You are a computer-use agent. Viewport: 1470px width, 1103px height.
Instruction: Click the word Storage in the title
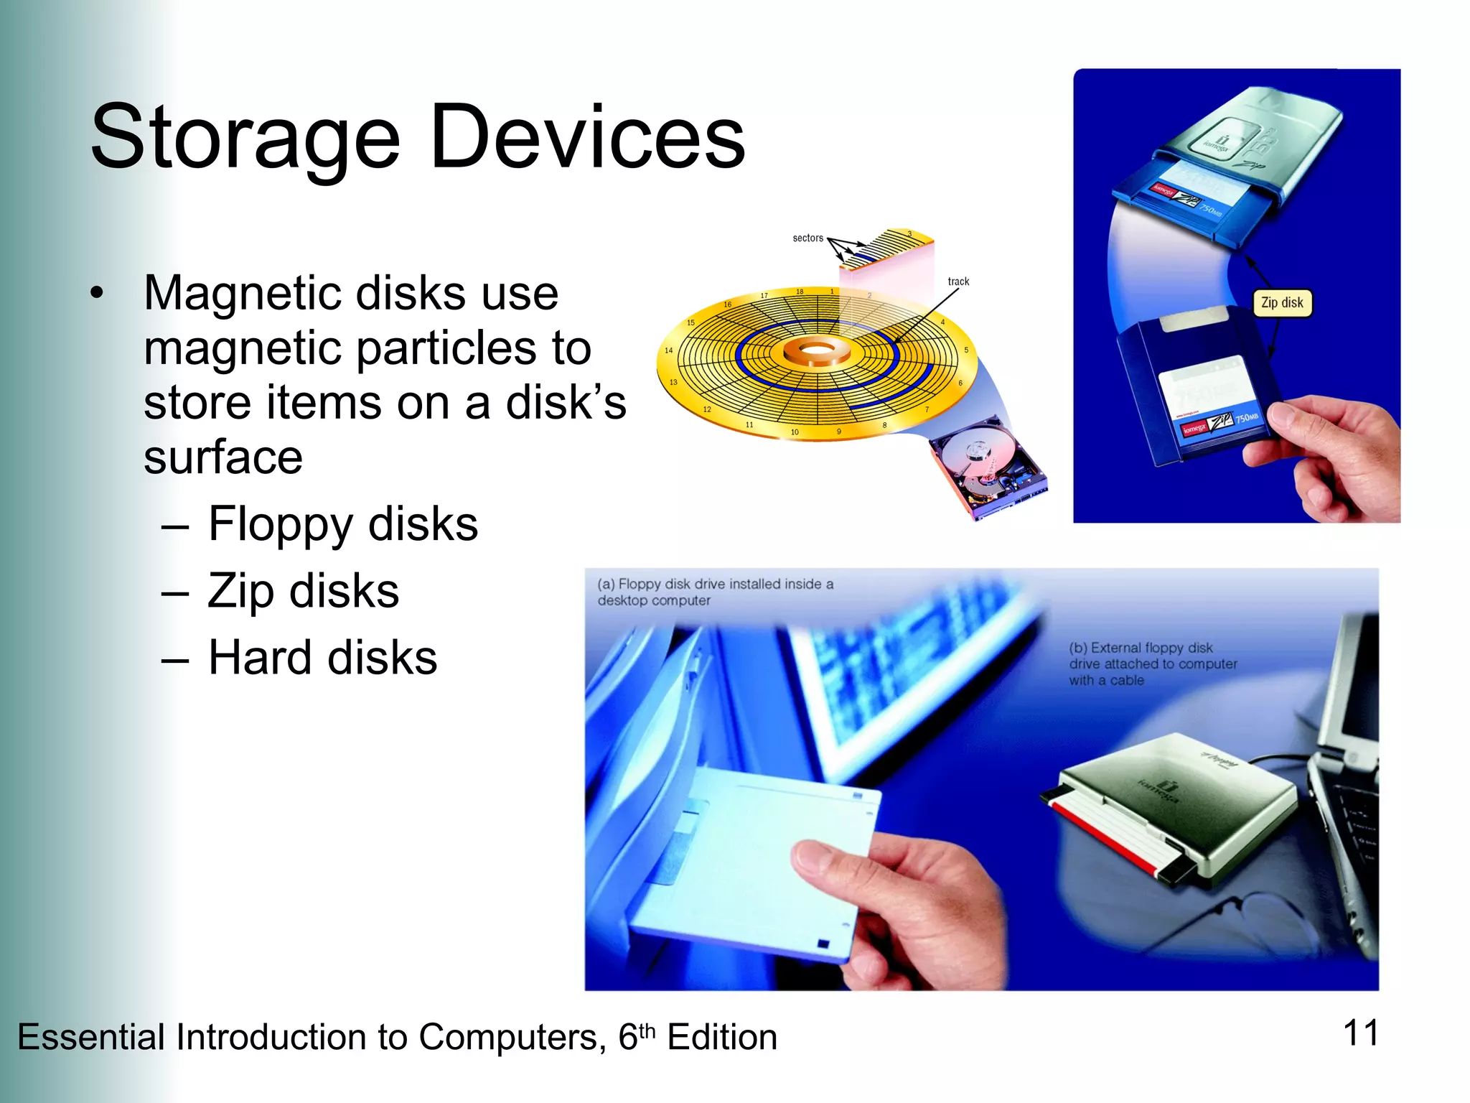(x=245, y=139)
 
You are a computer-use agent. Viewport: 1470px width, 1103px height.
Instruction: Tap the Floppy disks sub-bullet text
(x=342, y=524)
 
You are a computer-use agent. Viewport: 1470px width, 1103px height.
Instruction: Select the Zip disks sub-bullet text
(x=303, y=591)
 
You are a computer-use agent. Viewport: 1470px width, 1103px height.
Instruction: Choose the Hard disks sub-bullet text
(x=322, y=657)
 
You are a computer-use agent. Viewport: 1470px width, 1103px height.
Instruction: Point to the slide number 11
(x=1360, y=1033)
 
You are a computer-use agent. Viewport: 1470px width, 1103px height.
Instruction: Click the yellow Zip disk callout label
(x=1282, y=302)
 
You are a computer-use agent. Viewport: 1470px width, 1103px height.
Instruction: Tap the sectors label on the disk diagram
(x=807, y=238)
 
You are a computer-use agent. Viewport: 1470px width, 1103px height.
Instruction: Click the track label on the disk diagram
(x=958, y=281)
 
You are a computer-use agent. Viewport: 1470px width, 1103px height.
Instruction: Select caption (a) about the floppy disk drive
(x=715, y=592)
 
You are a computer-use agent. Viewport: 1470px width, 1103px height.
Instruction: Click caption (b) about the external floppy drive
(x=1152, y=664)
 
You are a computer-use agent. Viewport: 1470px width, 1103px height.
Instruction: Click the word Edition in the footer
(x=721, y=1038)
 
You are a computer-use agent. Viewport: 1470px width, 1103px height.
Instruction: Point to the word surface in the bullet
(x=223, y=457)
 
